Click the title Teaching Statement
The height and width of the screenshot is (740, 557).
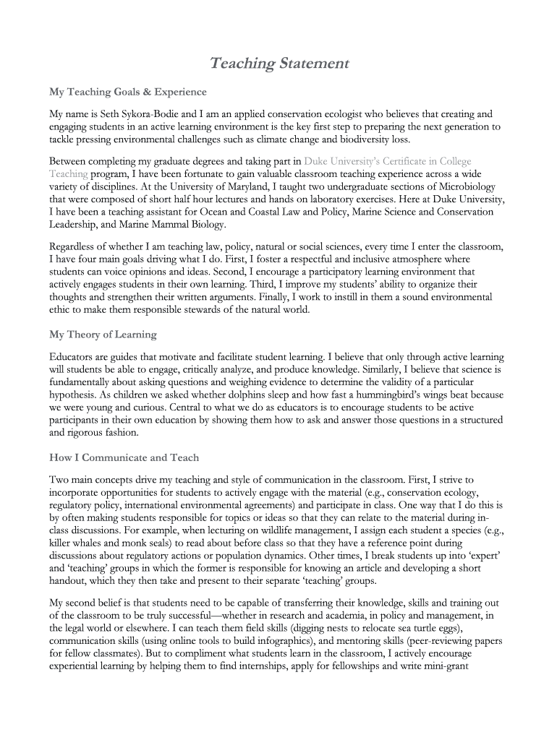(x=278, y=64)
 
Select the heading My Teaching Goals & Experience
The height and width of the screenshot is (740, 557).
(x=127, y=92)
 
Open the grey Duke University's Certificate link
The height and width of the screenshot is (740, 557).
(x=387, y=161)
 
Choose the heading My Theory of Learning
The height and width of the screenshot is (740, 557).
(x=103, y=335)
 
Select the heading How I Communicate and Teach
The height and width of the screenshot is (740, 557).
(x=124, y=457)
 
